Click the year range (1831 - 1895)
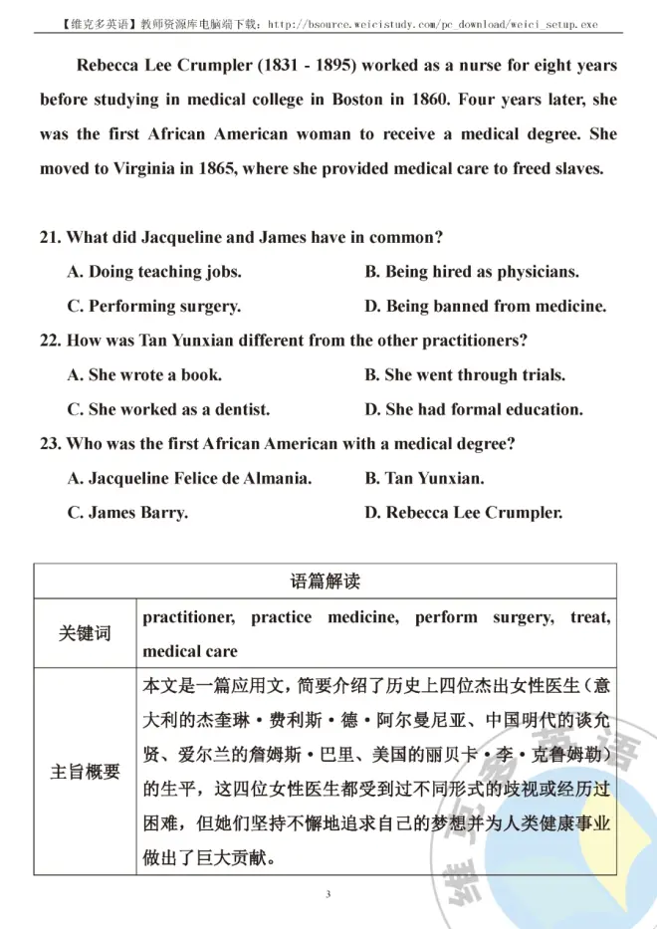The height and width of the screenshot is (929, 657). click(x=310, y=66)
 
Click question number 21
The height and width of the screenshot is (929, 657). click(x=50, y=237)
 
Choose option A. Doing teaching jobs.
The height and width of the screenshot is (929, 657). click(x=154, y=272)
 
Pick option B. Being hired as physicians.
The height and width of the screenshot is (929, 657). click(x=472, y=272)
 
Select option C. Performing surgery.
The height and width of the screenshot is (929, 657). click(x=154, y=307)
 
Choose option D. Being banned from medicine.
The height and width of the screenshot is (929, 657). click(x=485, y=307)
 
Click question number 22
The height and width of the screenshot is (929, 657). click(x=50, y=341)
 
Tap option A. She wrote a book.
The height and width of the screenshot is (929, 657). click(x=144, y=375)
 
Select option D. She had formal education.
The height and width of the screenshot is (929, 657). click(x=474, y=409)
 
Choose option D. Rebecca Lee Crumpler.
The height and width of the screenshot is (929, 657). click(x=464, y=514)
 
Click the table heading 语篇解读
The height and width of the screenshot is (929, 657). click(x=325, y=581)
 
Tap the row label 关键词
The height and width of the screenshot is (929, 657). click(x=85, y=633)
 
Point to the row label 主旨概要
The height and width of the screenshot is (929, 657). click(x=85, y=771)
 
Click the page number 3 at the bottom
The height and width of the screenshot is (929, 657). click(x=328, y=895)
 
